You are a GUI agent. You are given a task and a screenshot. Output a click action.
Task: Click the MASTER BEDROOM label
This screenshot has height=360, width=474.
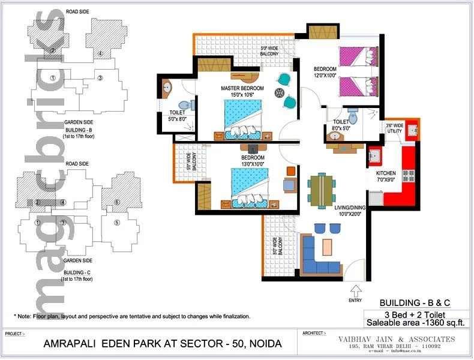tap(242, 88)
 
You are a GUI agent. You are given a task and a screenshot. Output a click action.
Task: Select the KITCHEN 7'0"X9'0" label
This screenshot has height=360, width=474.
tap(386, 176)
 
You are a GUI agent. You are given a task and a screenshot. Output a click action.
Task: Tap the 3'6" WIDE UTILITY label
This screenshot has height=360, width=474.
tap(394, 128)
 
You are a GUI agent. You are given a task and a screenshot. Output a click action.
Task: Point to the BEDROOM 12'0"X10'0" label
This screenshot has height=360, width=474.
tap(325, 72)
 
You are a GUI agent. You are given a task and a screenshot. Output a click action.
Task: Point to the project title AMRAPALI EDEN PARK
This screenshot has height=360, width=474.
tap(162, 344)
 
